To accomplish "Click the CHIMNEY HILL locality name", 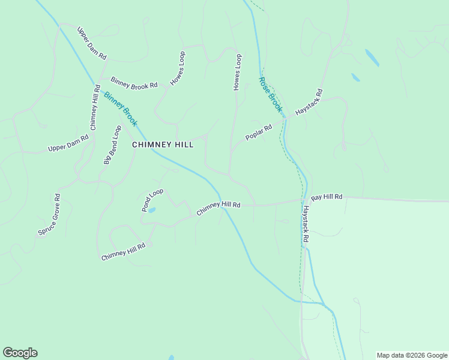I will click(x=162, y=145).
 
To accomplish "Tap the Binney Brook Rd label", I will click(x=133, y=83).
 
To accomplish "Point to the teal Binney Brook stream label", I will click(x=121, y=109).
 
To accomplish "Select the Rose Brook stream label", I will click(x=270, y=95).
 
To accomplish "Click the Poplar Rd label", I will click(x=259, y=133).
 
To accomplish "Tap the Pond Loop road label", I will click(x=152, y=200).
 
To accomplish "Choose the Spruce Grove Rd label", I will click(x=49, y=214).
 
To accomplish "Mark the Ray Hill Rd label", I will click(x=327, y=197).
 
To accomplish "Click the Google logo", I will click(x=20, y=353).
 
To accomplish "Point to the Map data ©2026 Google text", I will click(x=412, y=355).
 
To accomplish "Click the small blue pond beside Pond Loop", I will click(x=152, y=211).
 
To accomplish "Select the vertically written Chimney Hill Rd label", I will click(x=95, y=107).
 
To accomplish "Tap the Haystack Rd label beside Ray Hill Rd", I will click(x=306, y=224).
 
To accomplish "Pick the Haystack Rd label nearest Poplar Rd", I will click(x=310, y=103).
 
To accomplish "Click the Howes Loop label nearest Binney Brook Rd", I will click(x=178, y=68).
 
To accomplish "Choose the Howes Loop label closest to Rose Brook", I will click(x=237, y=72).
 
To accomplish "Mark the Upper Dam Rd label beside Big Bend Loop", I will click(x=68, y=143).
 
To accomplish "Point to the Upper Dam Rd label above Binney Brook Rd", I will click(x=92, y=43).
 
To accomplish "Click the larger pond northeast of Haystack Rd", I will click(x=372, y=58).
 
